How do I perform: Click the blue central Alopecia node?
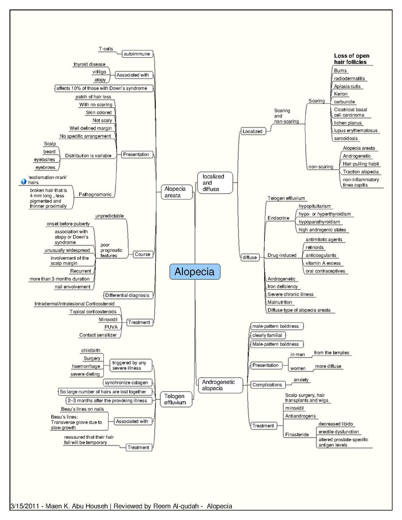[x=195, y=272]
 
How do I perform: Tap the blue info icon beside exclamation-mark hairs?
[x=23, y=181]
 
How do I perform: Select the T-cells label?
[x=106, y=49]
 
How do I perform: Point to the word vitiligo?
[x=99, y=72]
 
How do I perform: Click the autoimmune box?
[x=137, y=54]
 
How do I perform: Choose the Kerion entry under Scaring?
[x=341, y=94]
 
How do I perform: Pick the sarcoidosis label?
[x=346, y=138]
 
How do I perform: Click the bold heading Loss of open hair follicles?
[x=351, y=59]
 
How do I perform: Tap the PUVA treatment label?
[x=111, y=327]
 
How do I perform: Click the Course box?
[x=143, y=254]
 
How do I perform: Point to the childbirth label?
[x=91, y=350]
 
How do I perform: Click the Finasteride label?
[x=297, y=434]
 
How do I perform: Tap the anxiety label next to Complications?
[x=301, y=380]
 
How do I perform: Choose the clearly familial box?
[x=268, y=335]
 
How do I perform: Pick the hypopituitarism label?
[x=314, y=206]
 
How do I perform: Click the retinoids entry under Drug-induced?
[x=314, y=247]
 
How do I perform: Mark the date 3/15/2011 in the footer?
[x=24, y=506]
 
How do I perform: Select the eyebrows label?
[x=45, y=167]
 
